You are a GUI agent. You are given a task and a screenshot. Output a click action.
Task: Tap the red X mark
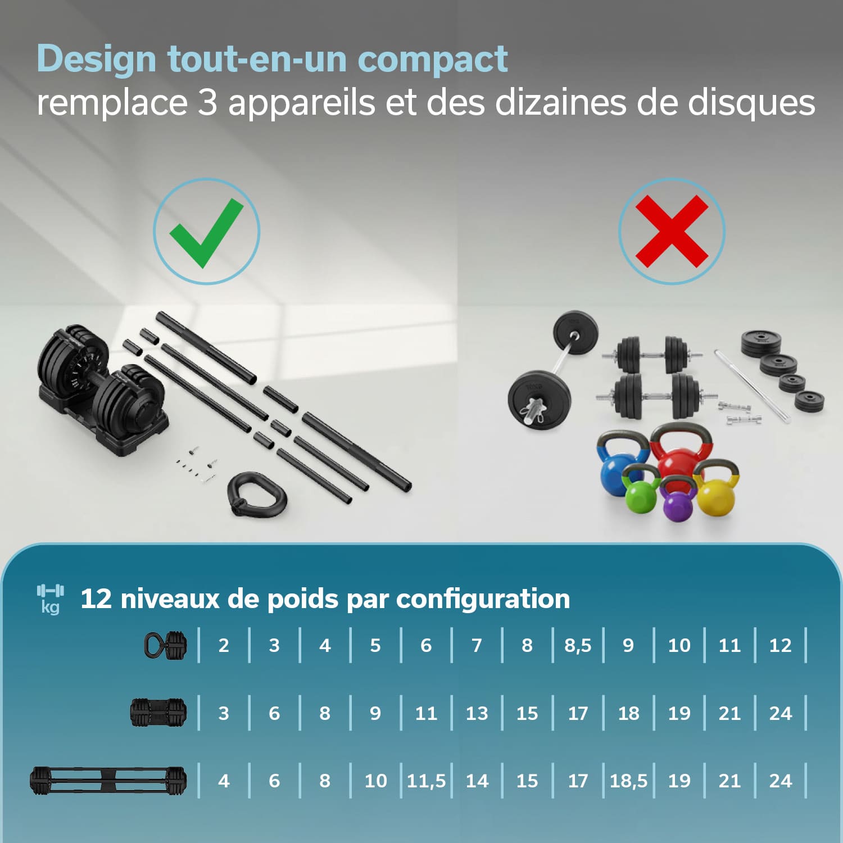pos(672,231)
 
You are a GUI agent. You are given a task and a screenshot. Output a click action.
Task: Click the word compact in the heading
pos(433,58)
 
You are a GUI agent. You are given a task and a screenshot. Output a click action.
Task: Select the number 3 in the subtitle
pos(207,102)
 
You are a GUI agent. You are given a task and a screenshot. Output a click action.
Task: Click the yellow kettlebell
pos(716,488)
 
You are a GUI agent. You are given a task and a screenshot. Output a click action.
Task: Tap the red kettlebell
pos(681,452)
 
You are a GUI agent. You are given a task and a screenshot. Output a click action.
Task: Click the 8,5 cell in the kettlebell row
pos(578,645)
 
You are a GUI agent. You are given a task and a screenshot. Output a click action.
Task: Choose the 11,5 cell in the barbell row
pos(426,781)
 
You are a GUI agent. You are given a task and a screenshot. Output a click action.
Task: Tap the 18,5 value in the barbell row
pos(628,781)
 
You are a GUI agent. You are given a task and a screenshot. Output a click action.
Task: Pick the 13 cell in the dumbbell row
pos(477,713)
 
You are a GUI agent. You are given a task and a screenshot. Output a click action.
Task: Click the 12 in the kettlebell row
pos(780,645)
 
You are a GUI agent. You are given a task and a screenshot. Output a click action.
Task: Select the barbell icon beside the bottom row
pos(108,781)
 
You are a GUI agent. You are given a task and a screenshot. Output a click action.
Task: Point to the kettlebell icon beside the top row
pos(165,645)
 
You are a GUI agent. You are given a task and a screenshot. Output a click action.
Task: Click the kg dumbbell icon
pos(50,598)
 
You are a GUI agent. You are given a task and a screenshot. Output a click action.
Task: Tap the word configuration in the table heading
pos(483,599)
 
